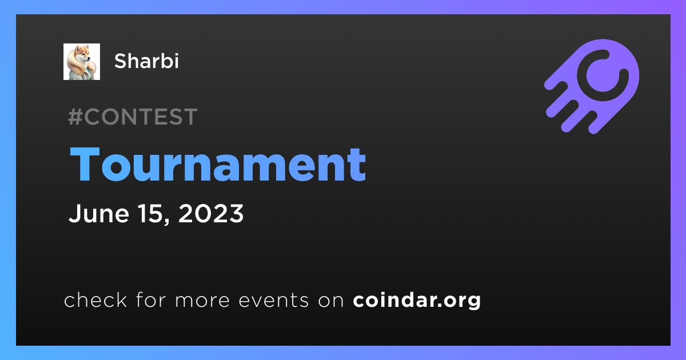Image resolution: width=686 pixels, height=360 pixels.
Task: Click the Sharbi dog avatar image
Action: [81, 62]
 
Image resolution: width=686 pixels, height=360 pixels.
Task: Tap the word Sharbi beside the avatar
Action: [146, 61]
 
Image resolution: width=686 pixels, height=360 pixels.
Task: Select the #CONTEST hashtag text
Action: [133, 117]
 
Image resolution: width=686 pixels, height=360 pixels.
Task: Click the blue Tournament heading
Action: [218, 165]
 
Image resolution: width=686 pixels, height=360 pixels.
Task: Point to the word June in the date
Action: [99, 213]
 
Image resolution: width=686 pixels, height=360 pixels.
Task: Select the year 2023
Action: [211, 213]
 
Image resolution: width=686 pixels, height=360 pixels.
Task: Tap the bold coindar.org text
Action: [417, 301]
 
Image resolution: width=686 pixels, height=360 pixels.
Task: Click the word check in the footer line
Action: [95, 299]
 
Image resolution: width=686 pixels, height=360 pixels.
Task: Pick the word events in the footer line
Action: [274, 301]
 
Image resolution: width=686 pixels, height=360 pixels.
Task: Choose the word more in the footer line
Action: [202, 301]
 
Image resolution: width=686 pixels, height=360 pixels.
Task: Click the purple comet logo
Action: [592, 86]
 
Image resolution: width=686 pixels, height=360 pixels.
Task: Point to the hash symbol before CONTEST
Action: [75, 117]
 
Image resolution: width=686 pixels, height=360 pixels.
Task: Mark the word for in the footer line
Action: [151, 299]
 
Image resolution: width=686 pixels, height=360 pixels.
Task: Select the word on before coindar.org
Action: [331, 301]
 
